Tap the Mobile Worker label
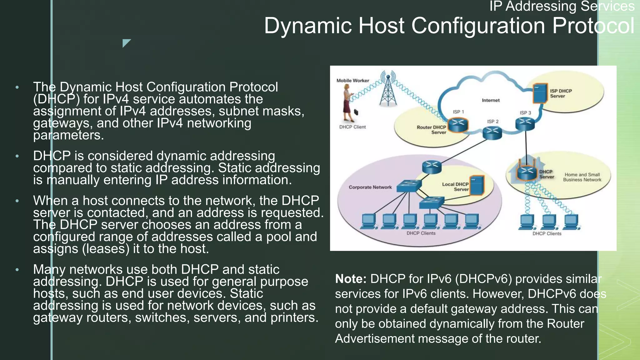coord(352,81)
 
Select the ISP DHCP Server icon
coord(540,93)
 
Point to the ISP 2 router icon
coord(492,132)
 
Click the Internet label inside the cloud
coord(490,100)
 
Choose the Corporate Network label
coord(370,187)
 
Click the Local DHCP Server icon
coord(477,185)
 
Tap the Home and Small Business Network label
coord(582,177)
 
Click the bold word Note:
coord(350,279)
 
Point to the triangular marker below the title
coord(126,42)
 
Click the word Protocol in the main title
coord(593,26)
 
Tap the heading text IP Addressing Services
coord(562,6)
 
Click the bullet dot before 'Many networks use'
coord(17,269)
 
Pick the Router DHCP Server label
coord(431,130)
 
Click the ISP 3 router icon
coord(525,124)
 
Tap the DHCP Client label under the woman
coord(352,127)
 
